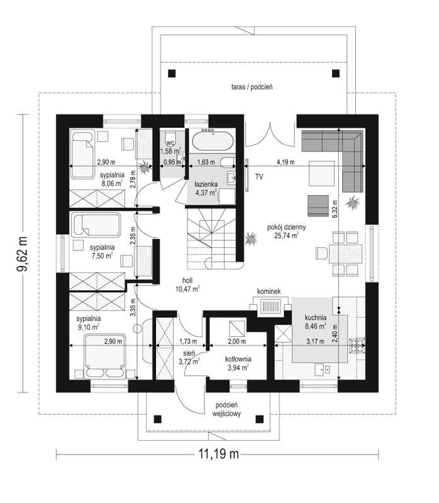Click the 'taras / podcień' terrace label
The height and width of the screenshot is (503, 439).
pyautogui.click(x=252, y=87)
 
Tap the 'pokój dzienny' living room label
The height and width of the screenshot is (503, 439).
pyautogui.click(x=286, y=227)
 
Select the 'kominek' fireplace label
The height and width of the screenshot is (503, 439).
pyautogui.click(x=269, y=291)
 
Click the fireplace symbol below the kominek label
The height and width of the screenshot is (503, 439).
pyautogui.click(x=271, y=305)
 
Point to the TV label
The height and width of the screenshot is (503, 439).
pyautogui.click(x=259, y=177)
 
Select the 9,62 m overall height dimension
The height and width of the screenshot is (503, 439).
pyautogui.click(x=23, y=254)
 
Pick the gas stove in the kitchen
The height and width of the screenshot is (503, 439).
pyautogui.click(x=358, y=345)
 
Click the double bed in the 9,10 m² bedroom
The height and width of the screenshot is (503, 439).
pyautogui.click(x=104, y=356)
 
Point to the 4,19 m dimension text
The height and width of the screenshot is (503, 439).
pyautogui.click(x=286, y=162)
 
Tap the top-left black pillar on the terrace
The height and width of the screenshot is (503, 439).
pyautogui.click(x=172, y=74)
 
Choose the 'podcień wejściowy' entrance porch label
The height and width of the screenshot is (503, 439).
pyautogui.click(x=226, y=409)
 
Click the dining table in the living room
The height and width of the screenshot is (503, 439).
pyautogui.click(x=345, y=254)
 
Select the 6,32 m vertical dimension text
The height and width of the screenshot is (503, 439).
pyautogui.click(x=335, y=209)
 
